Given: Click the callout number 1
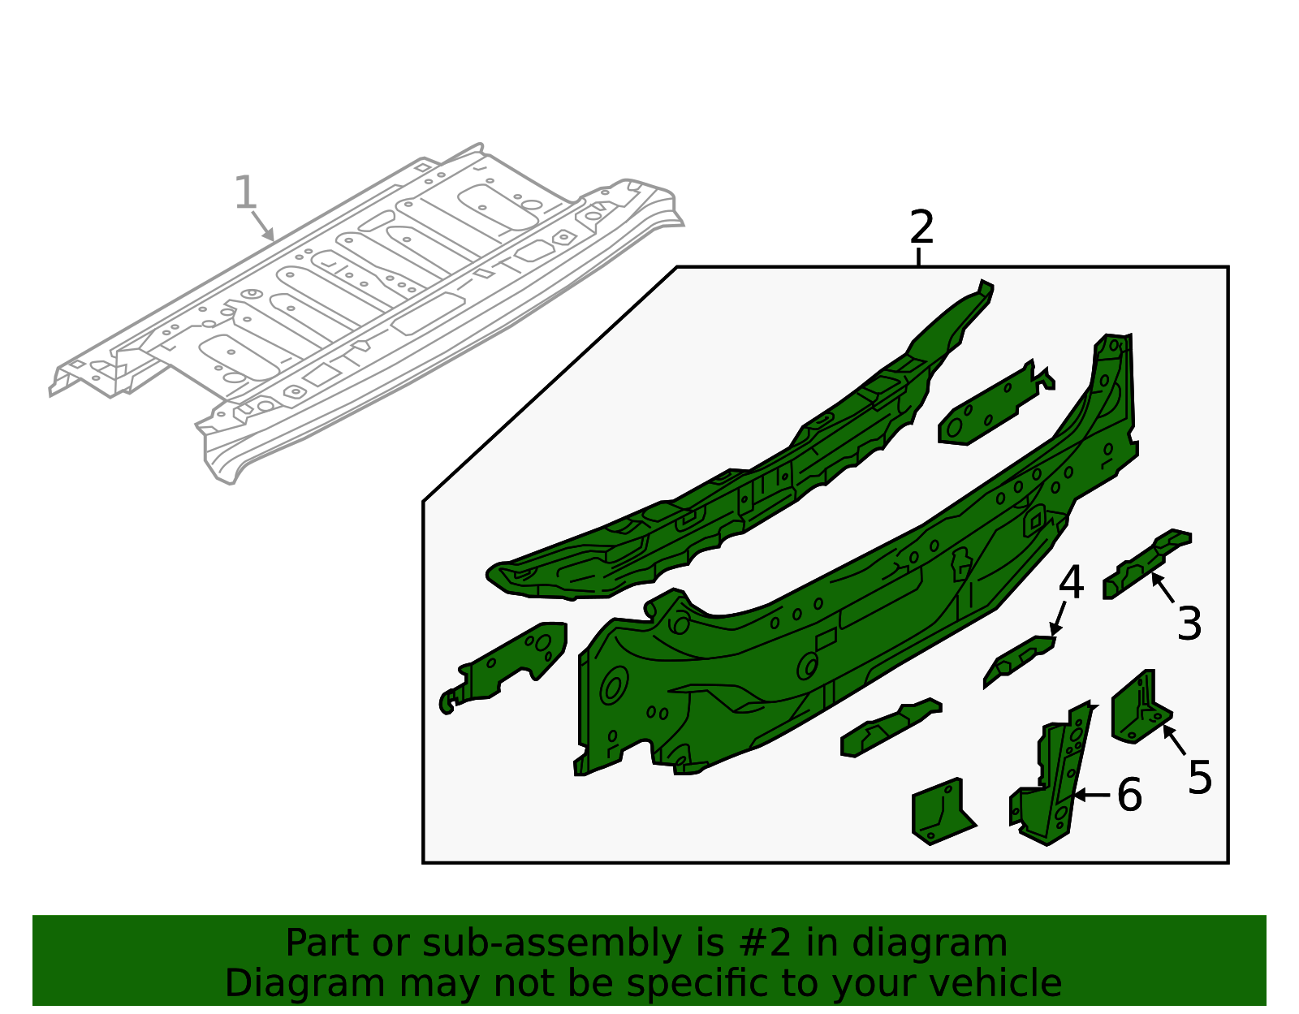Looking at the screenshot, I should point(244,193).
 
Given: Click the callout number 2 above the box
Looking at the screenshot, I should point(921,228).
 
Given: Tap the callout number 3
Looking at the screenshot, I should point(1189,624).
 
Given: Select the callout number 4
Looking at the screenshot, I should point(1071,584).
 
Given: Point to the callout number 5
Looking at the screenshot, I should point(1199,778).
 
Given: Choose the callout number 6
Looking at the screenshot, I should point(1129,795).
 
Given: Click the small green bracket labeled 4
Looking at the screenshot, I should point(1019,658).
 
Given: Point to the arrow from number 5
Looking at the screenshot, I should point(1174,739).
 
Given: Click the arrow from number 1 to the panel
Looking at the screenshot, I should point(262,225).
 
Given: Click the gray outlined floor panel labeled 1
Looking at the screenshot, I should point(365,309).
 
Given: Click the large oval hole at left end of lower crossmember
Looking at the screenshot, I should point(613,686).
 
